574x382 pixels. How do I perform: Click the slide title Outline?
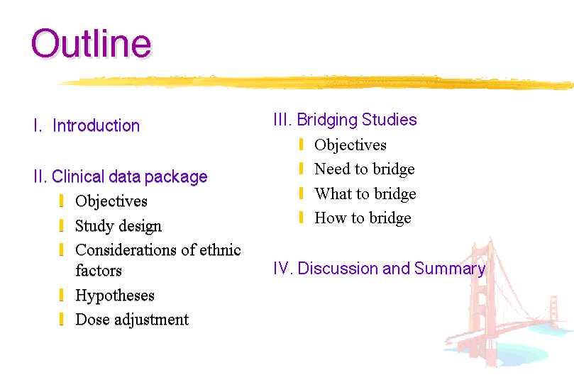click(x=91, y=44)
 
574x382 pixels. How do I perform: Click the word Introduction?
click(x=96, y=125)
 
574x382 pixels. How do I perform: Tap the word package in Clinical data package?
click(x=176, y=178)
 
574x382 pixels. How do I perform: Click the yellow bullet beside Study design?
click(x=61, y=225)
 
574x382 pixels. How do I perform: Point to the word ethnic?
click(x=220, y=249)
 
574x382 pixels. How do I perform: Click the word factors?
click(x=99, y=271)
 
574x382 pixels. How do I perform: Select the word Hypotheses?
click(x=115, y=296)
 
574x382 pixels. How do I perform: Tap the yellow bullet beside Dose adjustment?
click(x=61, y=319)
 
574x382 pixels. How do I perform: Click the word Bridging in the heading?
click(x=327, y=120)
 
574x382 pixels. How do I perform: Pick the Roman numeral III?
click(x=282, y=120)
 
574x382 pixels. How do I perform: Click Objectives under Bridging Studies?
click(x=351, y=145)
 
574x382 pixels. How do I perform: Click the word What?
click(x=333, y=193)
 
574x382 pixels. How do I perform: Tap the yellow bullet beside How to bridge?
click(x=301, y=217)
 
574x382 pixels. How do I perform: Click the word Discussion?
click(x=338, y=269)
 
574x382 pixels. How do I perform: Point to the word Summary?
click(x=450, y=269)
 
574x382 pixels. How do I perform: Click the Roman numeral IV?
click(x=283, y=269)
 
